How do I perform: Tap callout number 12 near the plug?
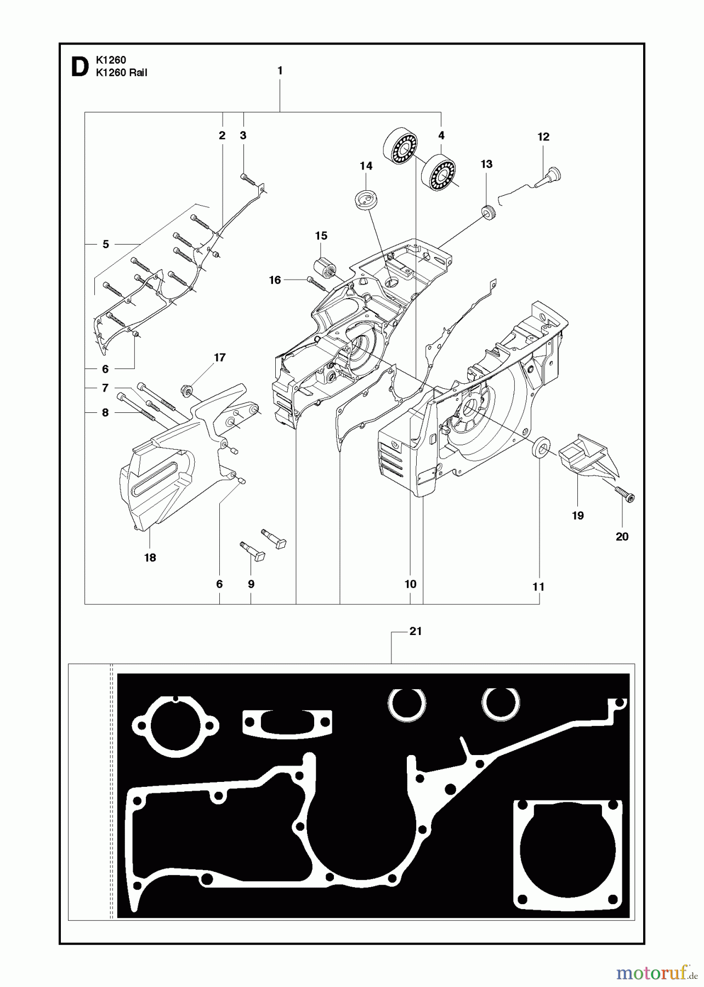pyautogui.click(x=543, y=137)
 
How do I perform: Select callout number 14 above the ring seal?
pyautogui.click(x=366, y=166)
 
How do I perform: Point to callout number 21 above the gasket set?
pyautogui.click(x=416, y=631)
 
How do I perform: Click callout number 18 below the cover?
pyautogui.click(x=150, y=558)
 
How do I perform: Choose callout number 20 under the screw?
pyautogui.click(x=622, y=536)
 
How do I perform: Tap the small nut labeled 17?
pyautogui.click(x=185, y=390)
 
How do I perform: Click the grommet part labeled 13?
pyautogui.click(x=486, y=212)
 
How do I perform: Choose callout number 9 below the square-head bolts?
pyautogui.click(x=251, y=584)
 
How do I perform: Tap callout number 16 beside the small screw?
pyautogui.click(x=275, y=280)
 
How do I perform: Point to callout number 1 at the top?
pyautogui.click(x=280, y=71)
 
